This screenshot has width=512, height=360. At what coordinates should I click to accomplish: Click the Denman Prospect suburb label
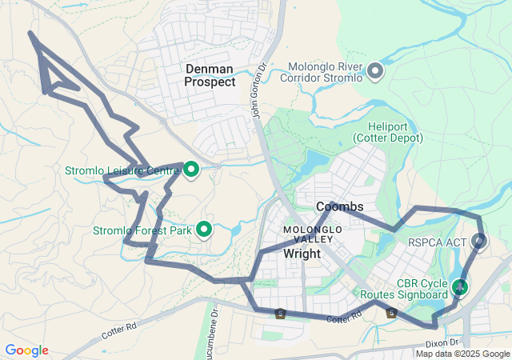(210, 75)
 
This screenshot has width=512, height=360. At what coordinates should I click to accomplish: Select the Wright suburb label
(302, 254)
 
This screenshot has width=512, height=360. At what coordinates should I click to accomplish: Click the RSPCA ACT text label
(436, 242)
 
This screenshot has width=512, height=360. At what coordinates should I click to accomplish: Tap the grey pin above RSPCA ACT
(480, 240)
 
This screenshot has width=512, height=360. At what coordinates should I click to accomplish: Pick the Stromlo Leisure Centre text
(122, 170)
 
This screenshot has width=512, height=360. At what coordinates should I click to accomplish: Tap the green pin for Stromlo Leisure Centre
(191, 169)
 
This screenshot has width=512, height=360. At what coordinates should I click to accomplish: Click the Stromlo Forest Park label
(142, 231)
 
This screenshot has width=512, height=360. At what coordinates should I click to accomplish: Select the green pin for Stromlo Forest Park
(204, 230)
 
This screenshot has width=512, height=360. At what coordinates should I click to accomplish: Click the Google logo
(26, 350)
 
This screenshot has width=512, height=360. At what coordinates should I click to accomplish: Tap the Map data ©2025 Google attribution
(462, 354)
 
